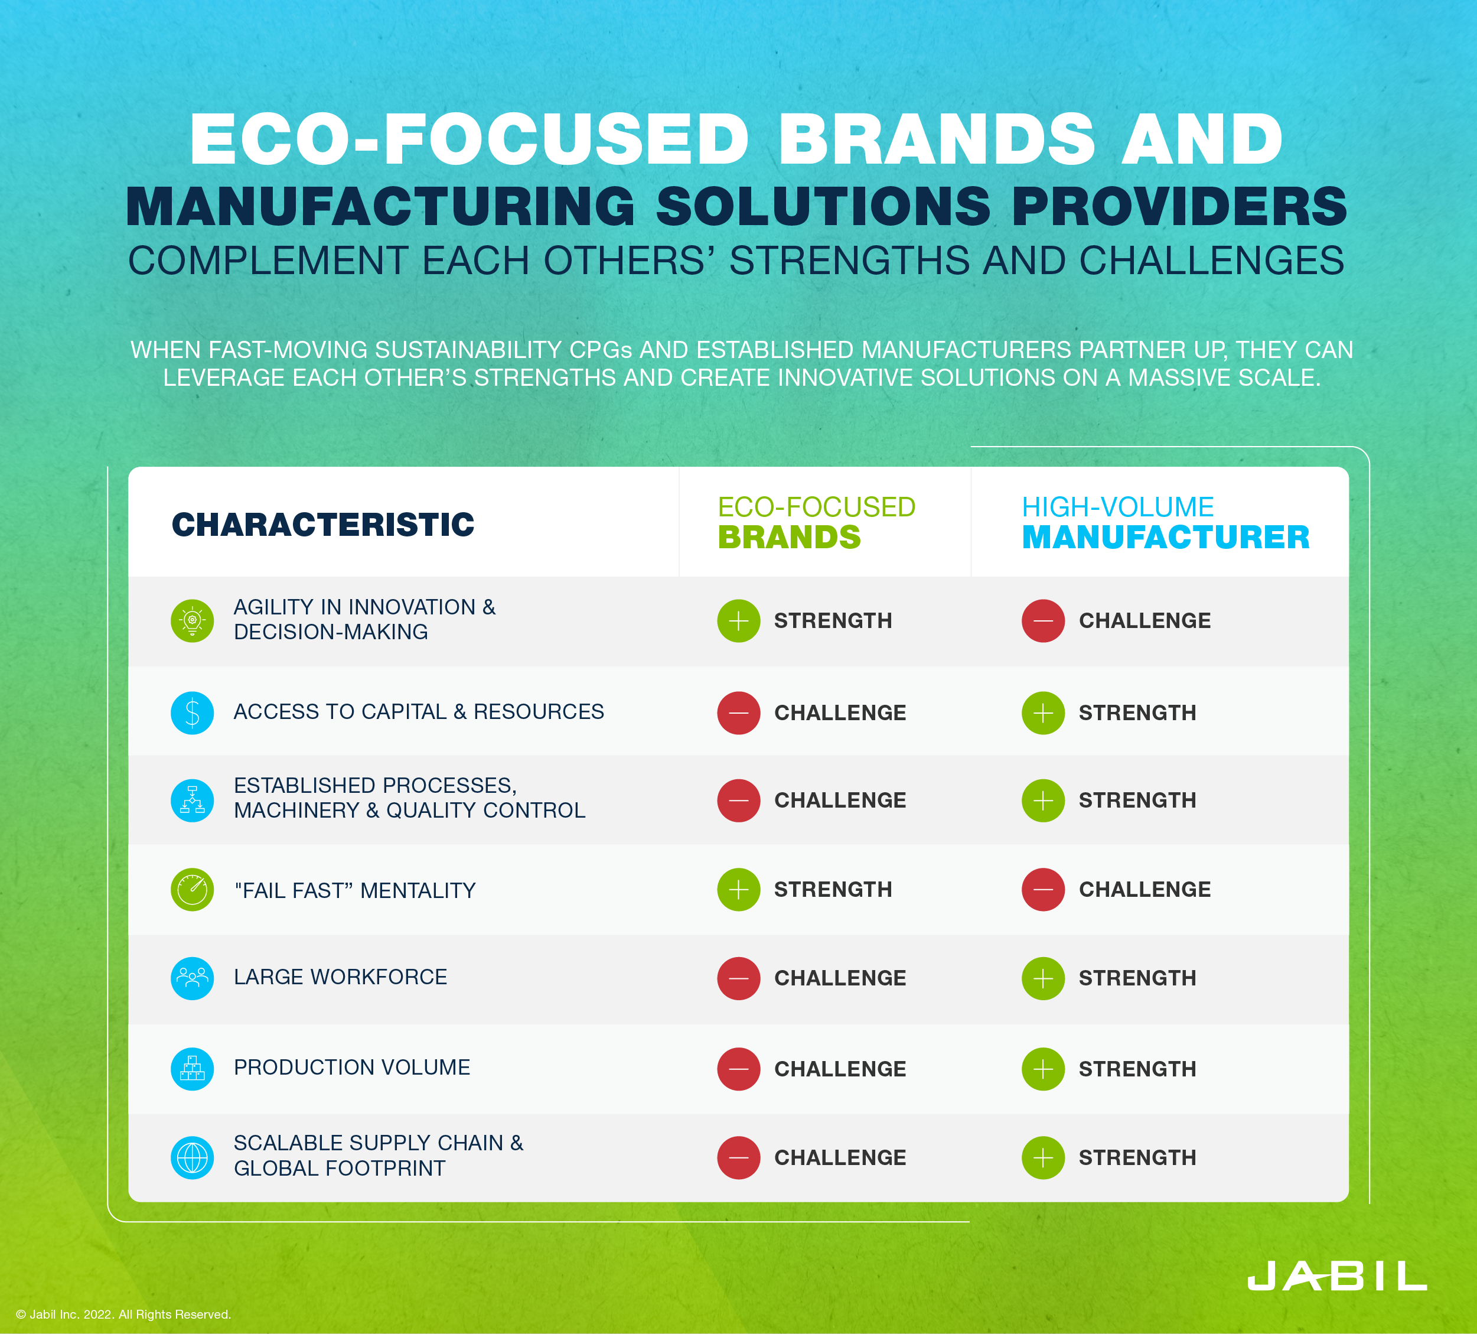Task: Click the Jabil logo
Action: click(1336, 1276)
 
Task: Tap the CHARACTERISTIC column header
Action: click(322, 525)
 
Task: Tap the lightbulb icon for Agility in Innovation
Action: click(192, 621)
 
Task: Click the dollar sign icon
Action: click(192, 712)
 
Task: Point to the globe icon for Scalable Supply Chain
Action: click(192, 1157)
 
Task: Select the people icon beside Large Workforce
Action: click(192, 978)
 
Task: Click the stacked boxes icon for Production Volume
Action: click(192, 1069)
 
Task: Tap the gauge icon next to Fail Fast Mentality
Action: click(192, 890)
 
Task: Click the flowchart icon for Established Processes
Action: click(192, 800)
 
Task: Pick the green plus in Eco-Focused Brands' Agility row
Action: click(738, 621)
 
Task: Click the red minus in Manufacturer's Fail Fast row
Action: click(1042, 890)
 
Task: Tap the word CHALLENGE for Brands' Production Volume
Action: click(840, 1069)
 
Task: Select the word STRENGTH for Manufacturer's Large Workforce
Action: click(1137, 978)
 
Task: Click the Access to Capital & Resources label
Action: click(418, 712)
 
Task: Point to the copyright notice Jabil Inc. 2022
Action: click(123, 1315)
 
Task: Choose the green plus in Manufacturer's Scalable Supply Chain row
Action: click(1042, 1157)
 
